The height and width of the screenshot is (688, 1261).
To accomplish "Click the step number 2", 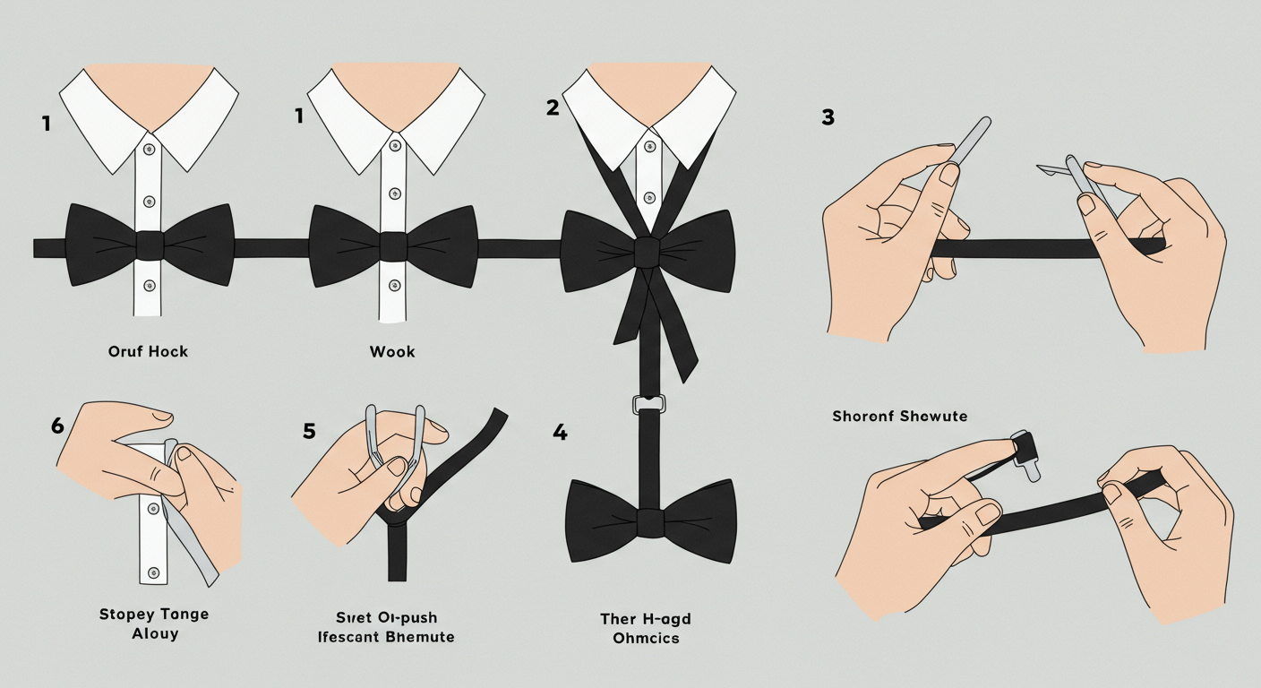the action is (x=553, y=107).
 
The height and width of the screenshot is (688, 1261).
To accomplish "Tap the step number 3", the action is (x=828, y=117).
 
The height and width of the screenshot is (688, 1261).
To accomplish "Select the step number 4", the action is (x=560, y=433).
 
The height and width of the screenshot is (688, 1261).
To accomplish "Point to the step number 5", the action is (x=309, y=431).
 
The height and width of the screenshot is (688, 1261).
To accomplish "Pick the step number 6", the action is (x=57, y=426).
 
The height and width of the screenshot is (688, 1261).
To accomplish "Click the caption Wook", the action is (x=392, y=352).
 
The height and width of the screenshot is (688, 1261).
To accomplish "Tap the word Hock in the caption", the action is (x=167, y=351).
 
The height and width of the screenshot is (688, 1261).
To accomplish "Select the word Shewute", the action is (x=933, y=417).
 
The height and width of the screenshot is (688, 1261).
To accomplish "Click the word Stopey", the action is (x=127, y=615).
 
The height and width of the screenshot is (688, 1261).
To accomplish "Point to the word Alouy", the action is (x=155, y=633).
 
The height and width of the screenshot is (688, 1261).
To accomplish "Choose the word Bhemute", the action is (x=420, y=637).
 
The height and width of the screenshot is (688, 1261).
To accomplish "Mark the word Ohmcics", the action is (x=646, y=638).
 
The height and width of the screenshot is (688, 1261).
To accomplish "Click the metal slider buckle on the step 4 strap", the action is (x=648, y=404).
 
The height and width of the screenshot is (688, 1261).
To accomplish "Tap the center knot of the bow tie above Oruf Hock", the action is (x=150, y=245).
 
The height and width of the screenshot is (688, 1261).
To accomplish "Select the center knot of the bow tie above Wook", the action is (x=393, y=245).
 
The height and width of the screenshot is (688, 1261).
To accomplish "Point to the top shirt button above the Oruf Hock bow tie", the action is (x=150, y=150).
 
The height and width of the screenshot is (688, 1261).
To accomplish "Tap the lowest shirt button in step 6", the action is (x=153, y=572).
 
